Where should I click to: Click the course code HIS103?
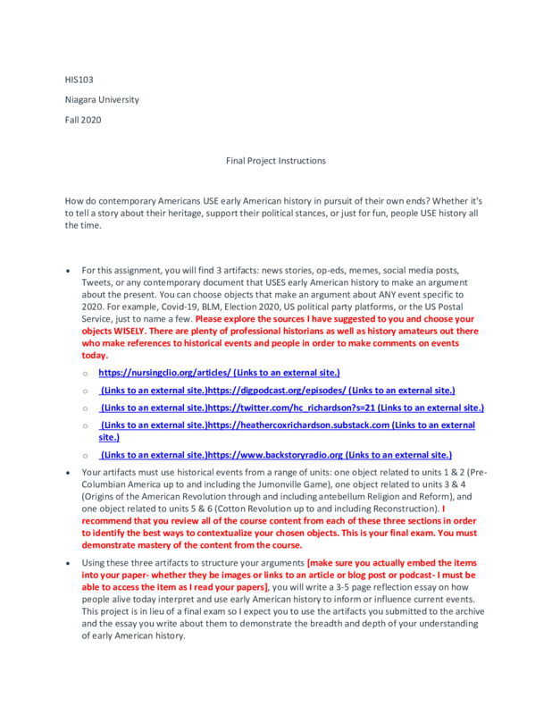[x=77, y=80]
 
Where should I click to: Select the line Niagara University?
[x=101, y=99]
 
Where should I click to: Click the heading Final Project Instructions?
[x=275, y=161]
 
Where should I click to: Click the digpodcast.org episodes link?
[x=277, y=391]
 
